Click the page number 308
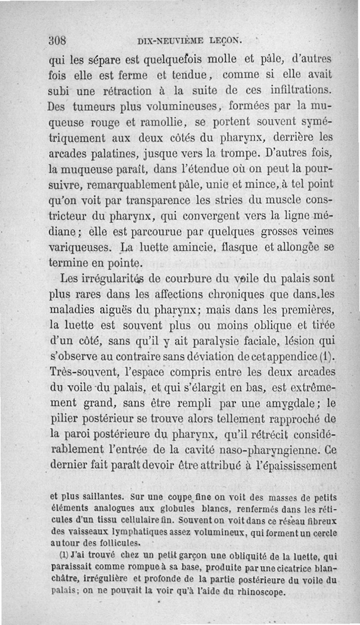coord(58,40)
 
